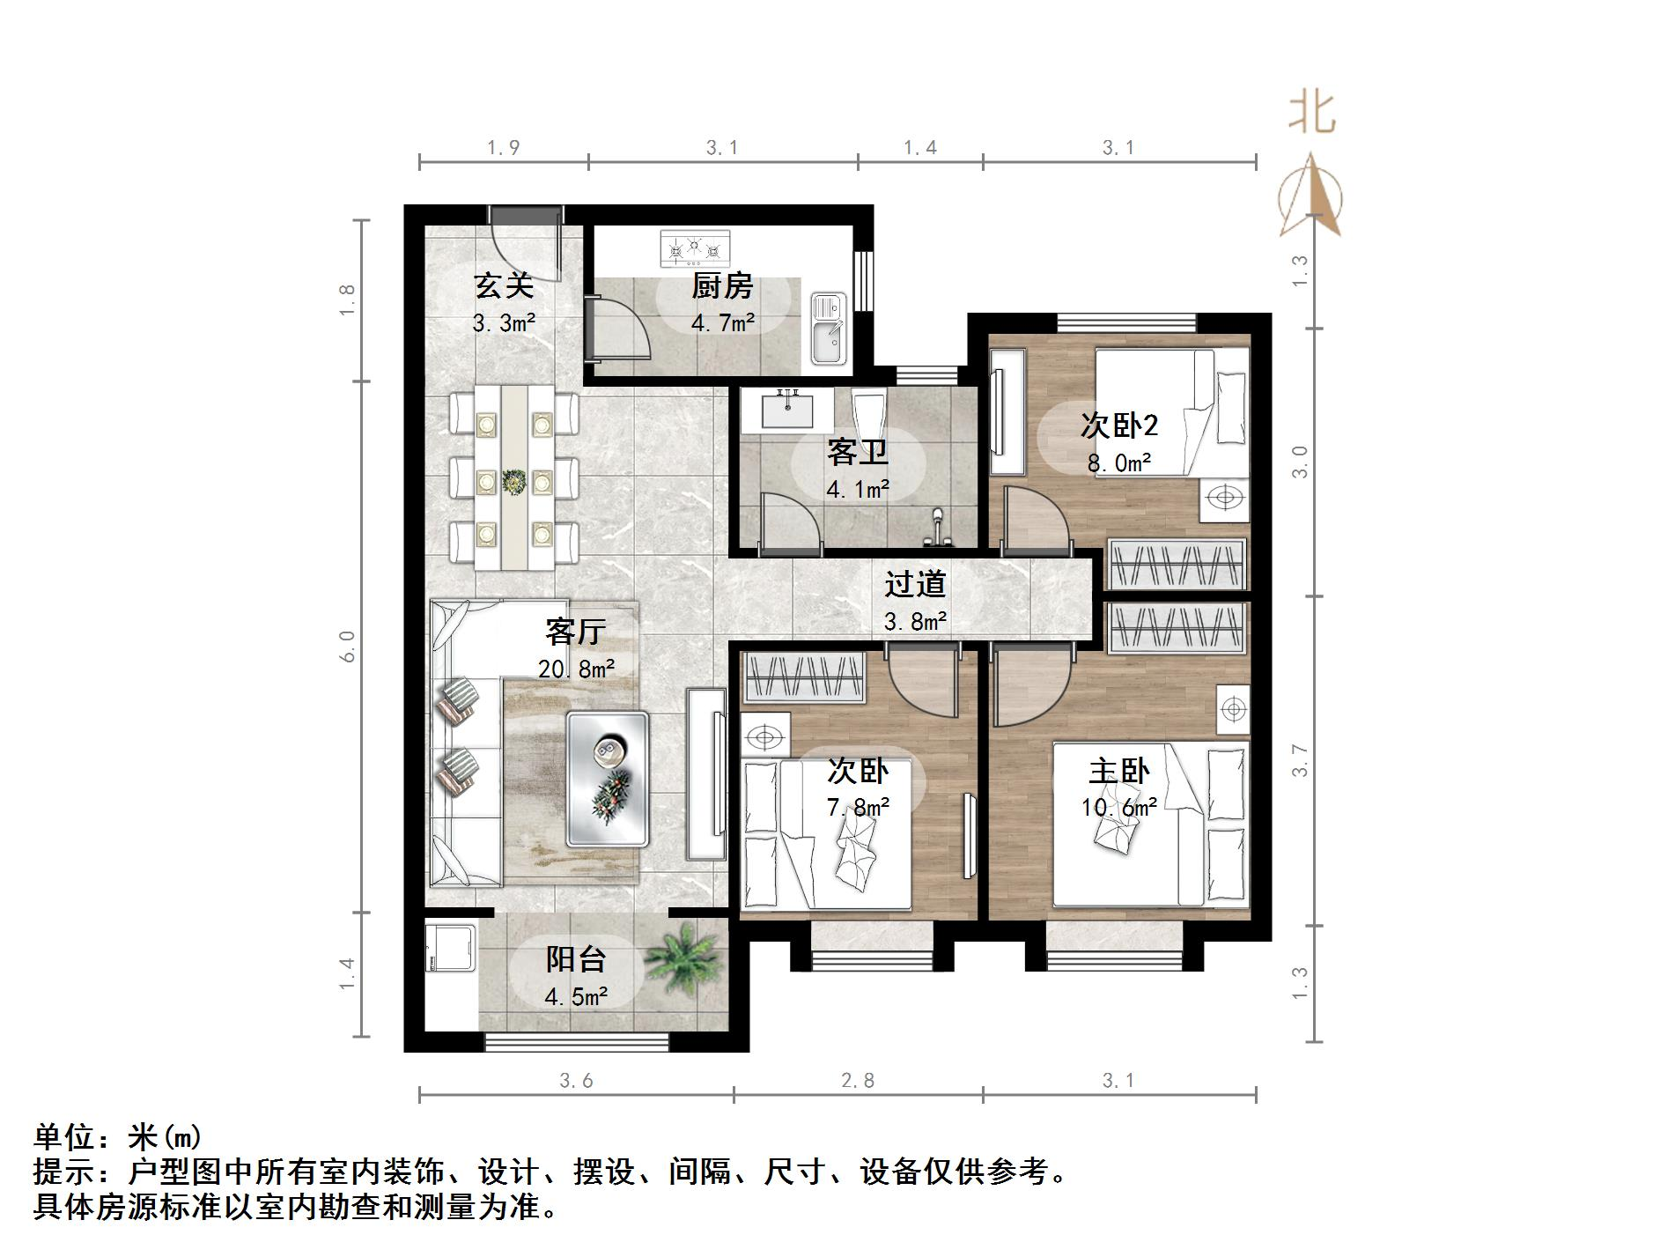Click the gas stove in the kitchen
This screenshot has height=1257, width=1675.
[696, 248]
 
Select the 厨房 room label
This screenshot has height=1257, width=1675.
[722, 286]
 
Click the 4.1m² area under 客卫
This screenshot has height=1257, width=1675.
[857, 489]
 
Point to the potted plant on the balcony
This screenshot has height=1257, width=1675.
[683, 961]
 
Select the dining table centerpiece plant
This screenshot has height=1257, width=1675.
[513, 481]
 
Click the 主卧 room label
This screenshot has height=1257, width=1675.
[1118, 772]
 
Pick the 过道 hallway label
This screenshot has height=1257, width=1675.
[915, 584]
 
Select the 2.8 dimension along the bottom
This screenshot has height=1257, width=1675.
[857, 1080]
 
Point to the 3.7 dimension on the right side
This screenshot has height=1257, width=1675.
[1300, 760]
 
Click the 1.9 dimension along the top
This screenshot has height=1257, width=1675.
[504, 148]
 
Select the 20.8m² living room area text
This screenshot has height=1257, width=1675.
[576, 669]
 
